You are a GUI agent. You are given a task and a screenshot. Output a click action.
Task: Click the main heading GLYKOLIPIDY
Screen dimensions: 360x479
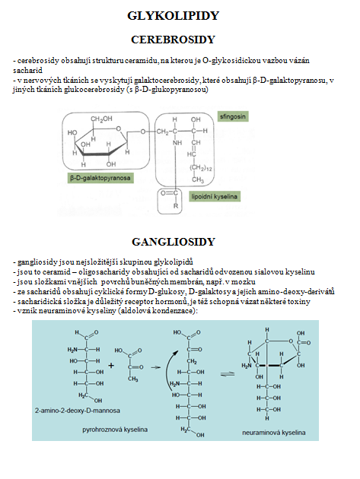[173, 15]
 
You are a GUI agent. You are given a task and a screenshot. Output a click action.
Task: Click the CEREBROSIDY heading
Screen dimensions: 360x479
[173, 40]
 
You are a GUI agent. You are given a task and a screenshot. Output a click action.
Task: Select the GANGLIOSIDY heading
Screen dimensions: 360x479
[174, 242]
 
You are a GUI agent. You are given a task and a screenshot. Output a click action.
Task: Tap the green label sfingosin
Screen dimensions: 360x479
[233, 116]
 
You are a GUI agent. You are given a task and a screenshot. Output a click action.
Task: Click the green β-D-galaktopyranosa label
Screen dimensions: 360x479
[100, 178]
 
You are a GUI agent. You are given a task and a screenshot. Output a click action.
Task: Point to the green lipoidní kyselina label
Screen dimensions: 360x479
[215, 196]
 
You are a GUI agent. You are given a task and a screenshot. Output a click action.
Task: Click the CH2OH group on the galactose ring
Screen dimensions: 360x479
[101, 119]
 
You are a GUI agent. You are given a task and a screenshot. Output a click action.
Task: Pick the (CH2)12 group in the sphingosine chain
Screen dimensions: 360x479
[201, 168]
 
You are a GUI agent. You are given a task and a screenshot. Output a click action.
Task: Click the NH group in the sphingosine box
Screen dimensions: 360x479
[177, 143]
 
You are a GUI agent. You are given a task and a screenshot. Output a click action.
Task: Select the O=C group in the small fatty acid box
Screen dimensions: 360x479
[169, 193]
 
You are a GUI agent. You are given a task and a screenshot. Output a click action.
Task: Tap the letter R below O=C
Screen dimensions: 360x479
[176, 205]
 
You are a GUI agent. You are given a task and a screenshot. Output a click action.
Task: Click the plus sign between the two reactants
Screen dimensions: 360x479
[111, 366]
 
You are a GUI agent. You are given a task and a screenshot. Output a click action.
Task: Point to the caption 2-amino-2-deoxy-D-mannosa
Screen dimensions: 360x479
[78, 411]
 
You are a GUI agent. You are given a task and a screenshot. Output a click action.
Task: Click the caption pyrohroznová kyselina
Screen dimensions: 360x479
[115, 430]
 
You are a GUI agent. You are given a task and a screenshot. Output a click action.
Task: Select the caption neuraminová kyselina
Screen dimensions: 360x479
[274, 433]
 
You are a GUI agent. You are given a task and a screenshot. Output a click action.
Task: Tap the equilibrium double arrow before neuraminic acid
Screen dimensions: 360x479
[228, 374]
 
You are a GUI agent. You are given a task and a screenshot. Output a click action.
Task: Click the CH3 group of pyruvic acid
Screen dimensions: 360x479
[133, 379]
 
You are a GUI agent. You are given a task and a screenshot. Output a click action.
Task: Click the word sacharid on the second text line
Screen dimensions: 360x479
[27, 70]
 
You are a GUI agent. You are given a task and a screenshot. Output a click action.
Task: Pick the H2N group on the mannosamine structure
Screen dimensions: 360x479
[72, 350]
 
